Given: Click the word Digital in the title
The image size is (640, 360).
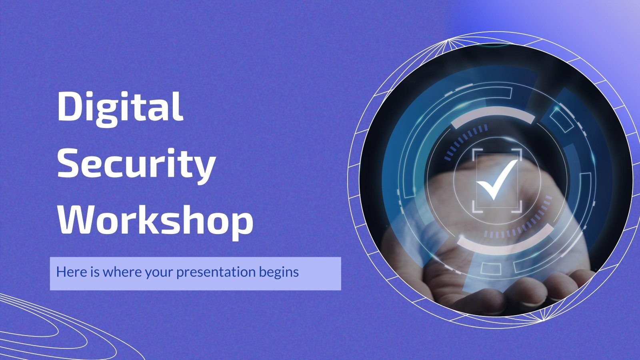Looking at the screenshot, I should pyautogui.click(x=120, y=106).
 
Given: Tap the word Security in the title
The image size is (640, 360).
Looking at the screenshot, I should pyautogui.click(x=136, y=164).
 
